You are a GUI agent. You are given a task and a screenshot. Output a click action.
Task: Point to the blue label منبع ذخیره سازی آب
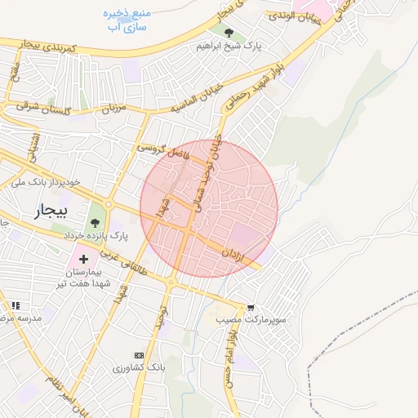(127, 20)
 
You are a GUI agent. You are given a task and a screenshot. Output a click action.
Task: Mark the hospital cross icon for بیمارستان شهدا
(83, 259)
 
